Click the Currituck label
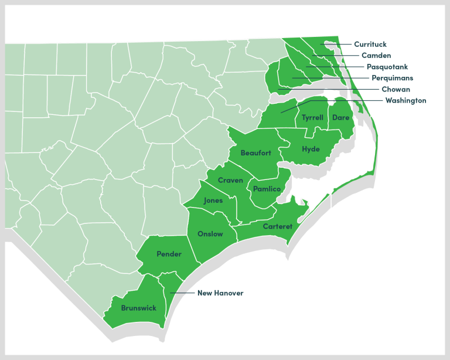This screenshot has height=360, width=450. point(370,44)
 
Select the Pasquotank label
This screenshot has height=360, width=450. point(387,67)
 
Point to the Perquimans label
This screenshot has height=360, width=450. point(392,78)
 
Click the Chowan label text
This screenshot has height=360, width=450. point(396,89)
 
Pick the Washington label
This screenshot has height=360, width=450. point(405,101)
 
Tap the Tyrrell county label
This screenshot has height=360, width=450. point(312,118)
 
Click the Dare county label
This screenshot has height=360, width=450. point(340,118)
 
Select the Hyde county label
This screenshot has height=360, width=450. point(311,149)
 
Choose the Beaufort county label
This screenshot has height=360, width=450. point(256,153)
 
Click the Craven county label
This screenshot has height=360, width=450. point(230,181)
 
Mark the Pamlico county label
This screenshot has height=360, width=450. point(267,189)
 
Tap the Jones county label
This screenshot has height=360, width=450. point(213,201)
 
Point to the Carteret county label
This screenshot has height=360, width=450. point(278,226)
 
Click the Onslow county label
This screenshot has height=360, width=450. point(210,234)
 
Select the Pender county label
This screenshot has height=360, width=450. point(168,254)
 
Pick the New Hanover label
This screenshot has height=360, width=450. point(220,293)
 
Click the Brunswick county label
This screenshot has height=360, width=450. point(138,308)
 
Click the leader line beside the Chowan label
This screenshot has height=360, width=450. point(328,89)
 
